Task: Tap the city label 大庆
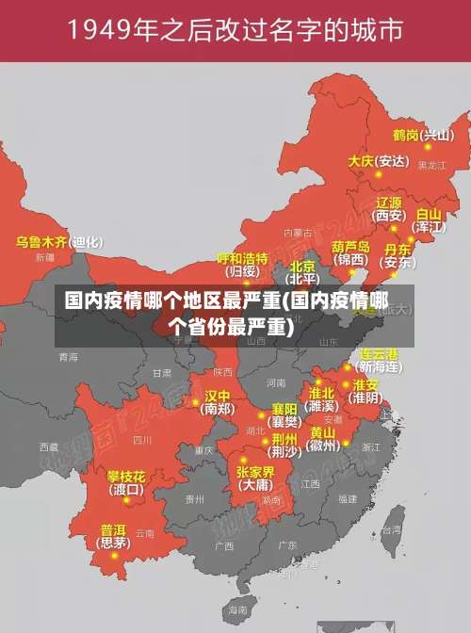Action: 361,161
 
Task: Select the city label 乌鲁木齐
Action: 41,242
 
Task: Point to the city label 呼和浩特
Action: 242,258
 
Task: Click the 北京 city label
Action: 302,267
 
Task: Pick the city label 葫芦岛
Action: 351,246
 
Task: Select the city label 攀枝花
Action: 125,477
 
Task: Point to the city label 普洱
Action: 113,529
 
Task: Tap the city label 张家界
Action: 255,471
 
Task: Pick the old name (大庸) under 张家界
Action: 255,485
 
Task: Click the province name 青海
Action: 68,357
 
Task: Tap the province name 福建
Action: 348,498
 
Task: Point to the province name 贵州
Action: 194,498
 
